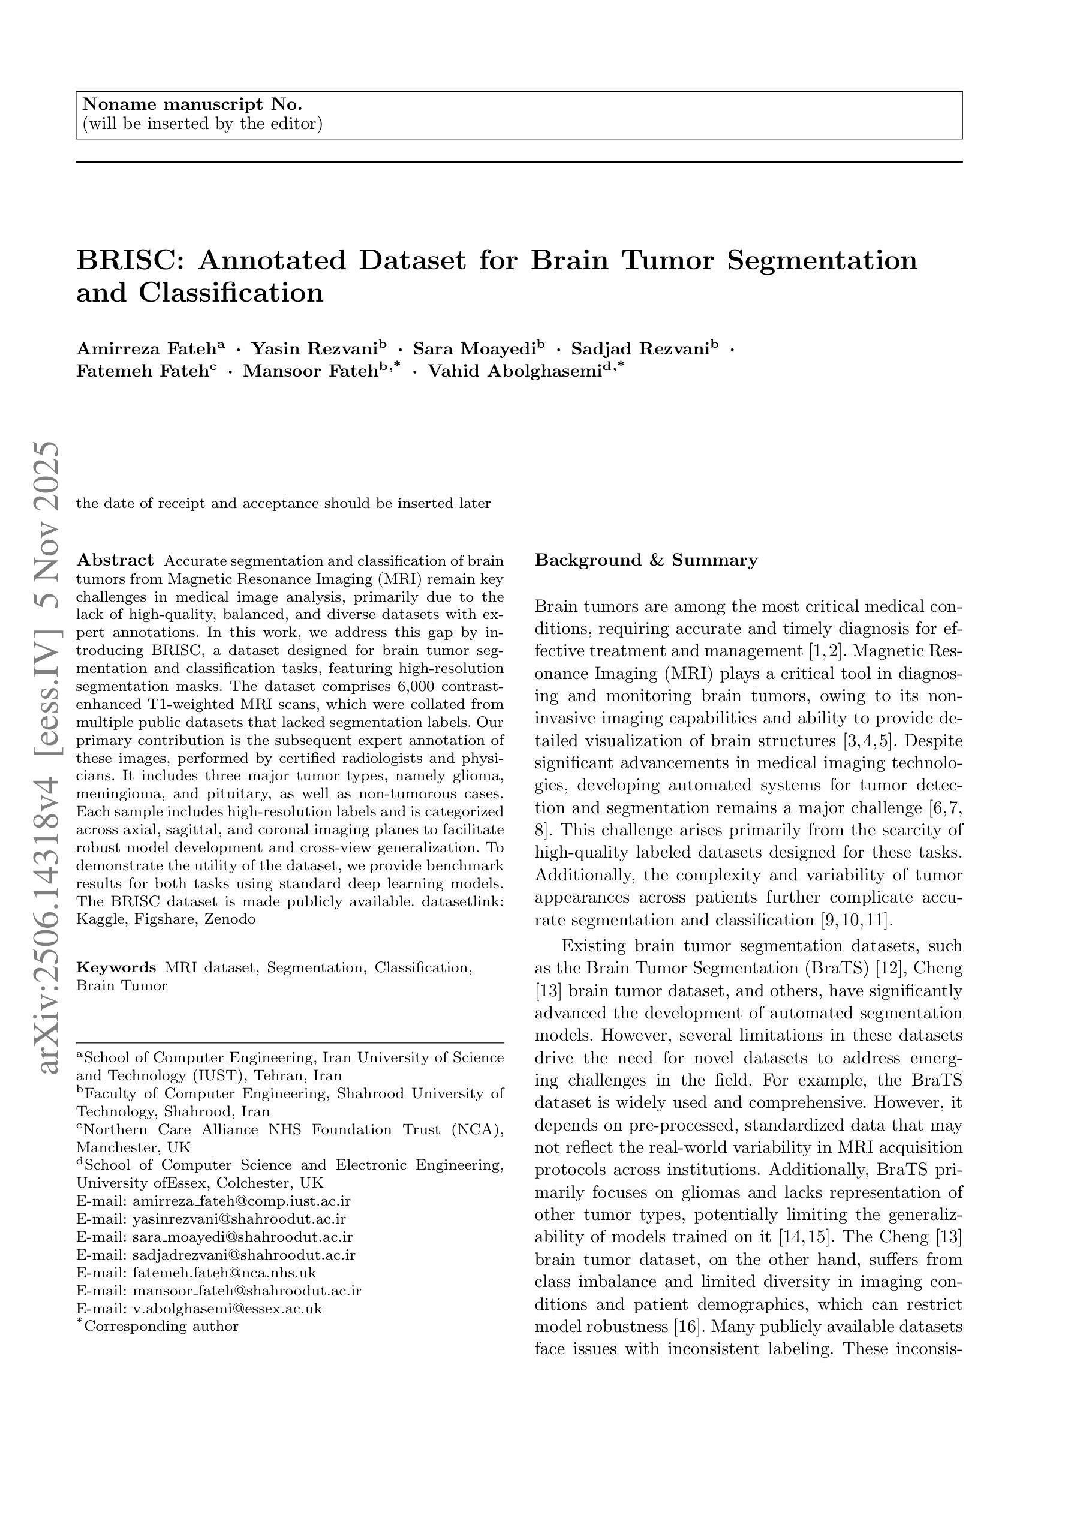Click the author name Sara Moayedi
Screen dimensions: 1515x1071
[x=474, y=349]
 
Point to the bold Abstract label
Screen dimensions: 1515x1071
[x=115, y=561]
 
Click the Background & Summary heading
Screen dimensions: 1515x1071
[x=645, y=561]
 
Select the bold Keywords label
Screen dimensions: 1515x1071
[x=116, y=968]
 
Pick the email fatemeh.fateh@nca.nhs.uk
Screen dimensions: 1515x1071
[x=224, y=1273]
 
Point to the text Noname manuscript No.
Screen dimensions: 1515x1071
[x=191, y=104]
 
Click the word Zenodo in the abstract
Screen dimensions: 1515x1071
[x=231, y=919]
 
